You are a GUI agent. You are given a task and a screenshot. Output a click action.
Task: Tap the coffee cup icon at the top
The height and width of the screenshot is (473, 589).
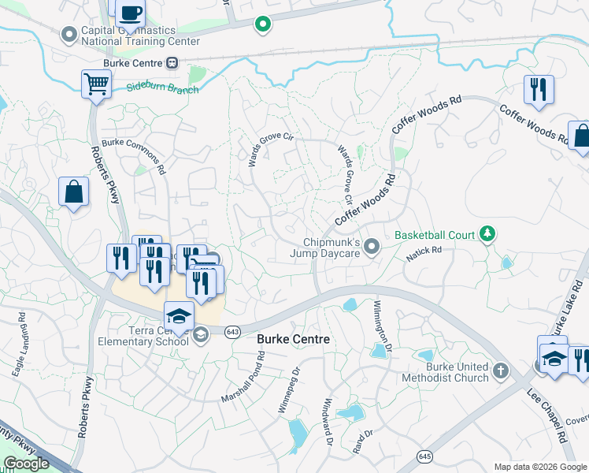click(x=131, y=13)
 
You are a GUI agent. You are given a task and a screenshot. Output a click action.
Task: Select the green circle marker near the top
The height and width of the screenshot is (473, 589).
click(x=263, y=25)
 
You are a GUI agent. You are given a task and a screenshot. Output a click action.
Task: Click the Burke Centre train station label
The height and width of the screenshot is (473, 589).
click(x=133, y=64)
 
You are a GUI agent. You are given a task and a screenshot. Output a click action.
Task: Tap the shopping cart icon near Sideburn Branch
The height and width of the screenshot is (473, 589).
click(x=96, y=83)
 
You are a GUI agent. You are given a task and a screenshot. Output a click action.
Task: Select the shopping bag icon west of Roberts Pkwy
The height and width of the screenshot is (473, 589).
click(x=73, y=192)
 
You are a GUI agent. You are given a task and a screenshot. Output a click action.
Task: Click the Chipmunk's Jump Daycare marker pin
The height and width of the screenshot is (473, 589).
click(x=374, y=248)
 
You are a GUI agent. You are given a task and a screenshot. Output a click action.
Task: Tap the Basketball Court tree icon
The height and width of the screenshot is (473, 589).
click(x=488, y=234)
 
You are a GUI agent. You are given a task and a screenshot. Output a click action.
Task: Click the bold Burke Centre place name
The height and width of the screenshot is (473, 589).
click(x=292, y=339)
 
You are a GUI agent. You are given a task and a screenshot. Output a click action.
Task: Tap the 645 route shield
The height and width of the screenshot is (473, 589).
click(x=425, y=456)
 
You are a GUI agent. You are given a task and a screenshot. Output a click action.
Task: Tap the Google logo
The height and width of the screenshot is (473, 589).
click(x=26, y=464)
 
